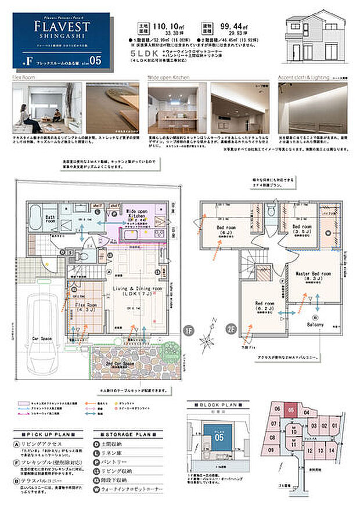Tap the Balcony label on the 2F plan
click(x=316, y=324)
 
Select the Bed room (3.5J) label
click(x=303, y=229)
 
